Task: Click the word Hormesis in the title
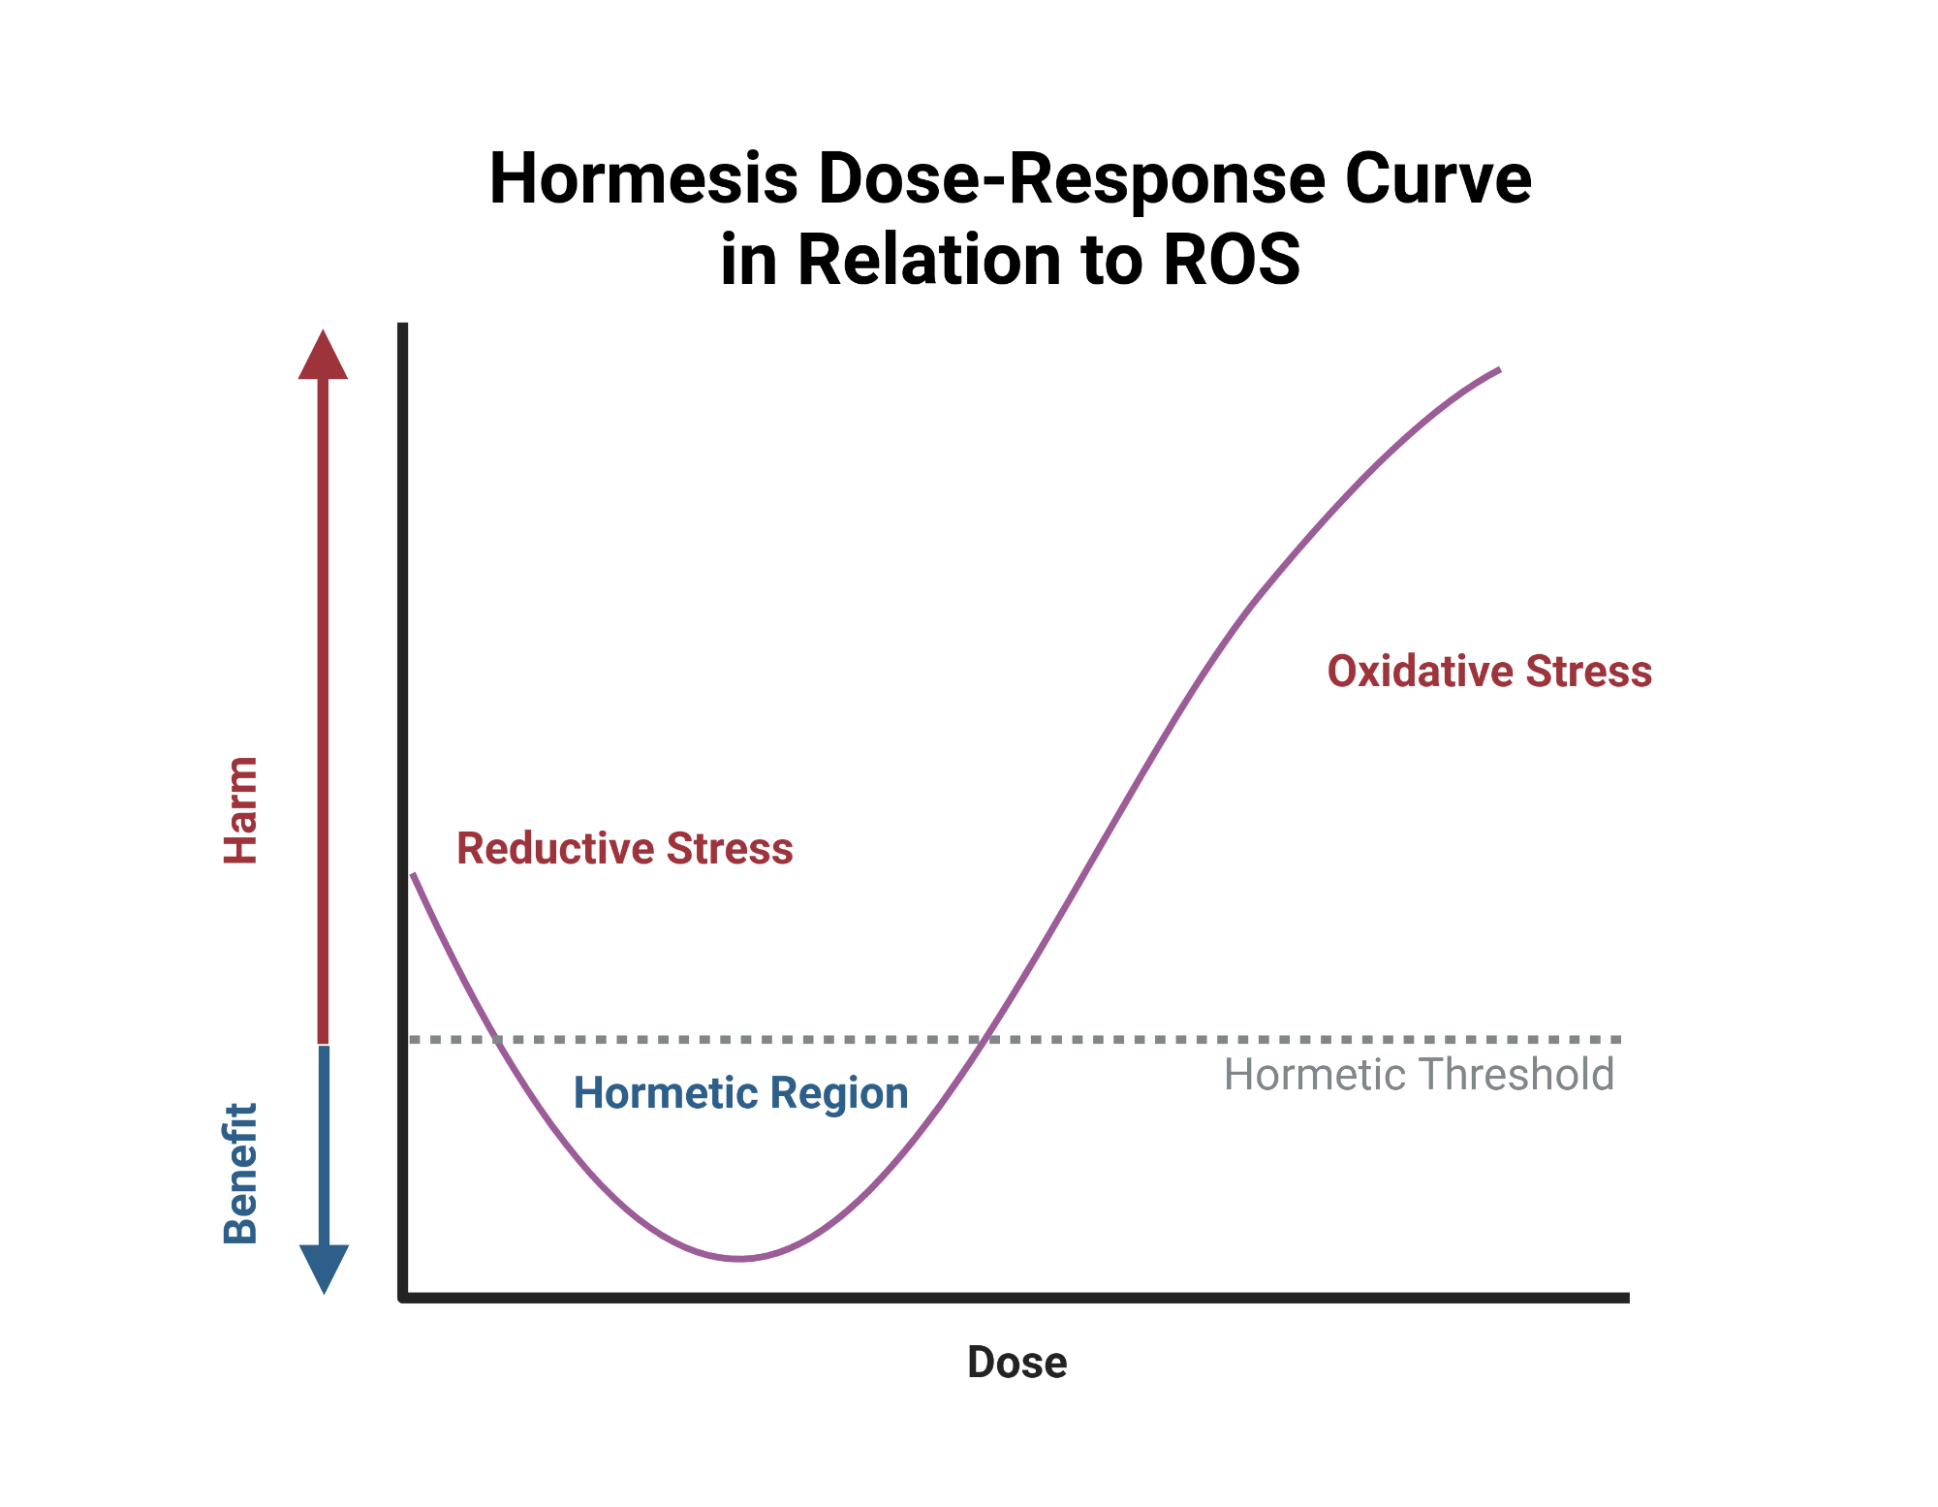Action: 643,179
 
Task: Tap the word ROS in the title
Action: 1231,260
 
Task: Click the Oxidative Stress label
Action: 1489,672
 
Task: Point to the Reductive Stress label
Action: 625,849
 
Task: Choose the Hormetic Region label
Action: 741,1093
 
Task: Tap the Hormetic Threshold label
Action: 1419,1075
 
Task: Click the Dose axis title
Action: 1016,1363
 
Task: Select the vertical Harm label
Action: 240,810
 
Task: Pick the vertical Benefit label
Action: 240,1173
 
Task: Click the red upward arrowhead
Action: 323,357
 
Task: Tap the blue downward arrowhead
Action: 324,1267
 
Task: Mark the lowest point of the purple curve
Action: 738,1258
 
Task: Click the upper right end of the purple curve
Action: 1498,370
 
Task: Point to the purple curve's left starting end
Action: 414,875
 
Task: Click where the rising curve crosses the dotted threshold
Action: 985,1039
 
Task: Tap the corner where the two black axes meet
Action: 403,1297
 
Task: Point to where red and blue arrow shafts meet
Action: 324,1045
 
